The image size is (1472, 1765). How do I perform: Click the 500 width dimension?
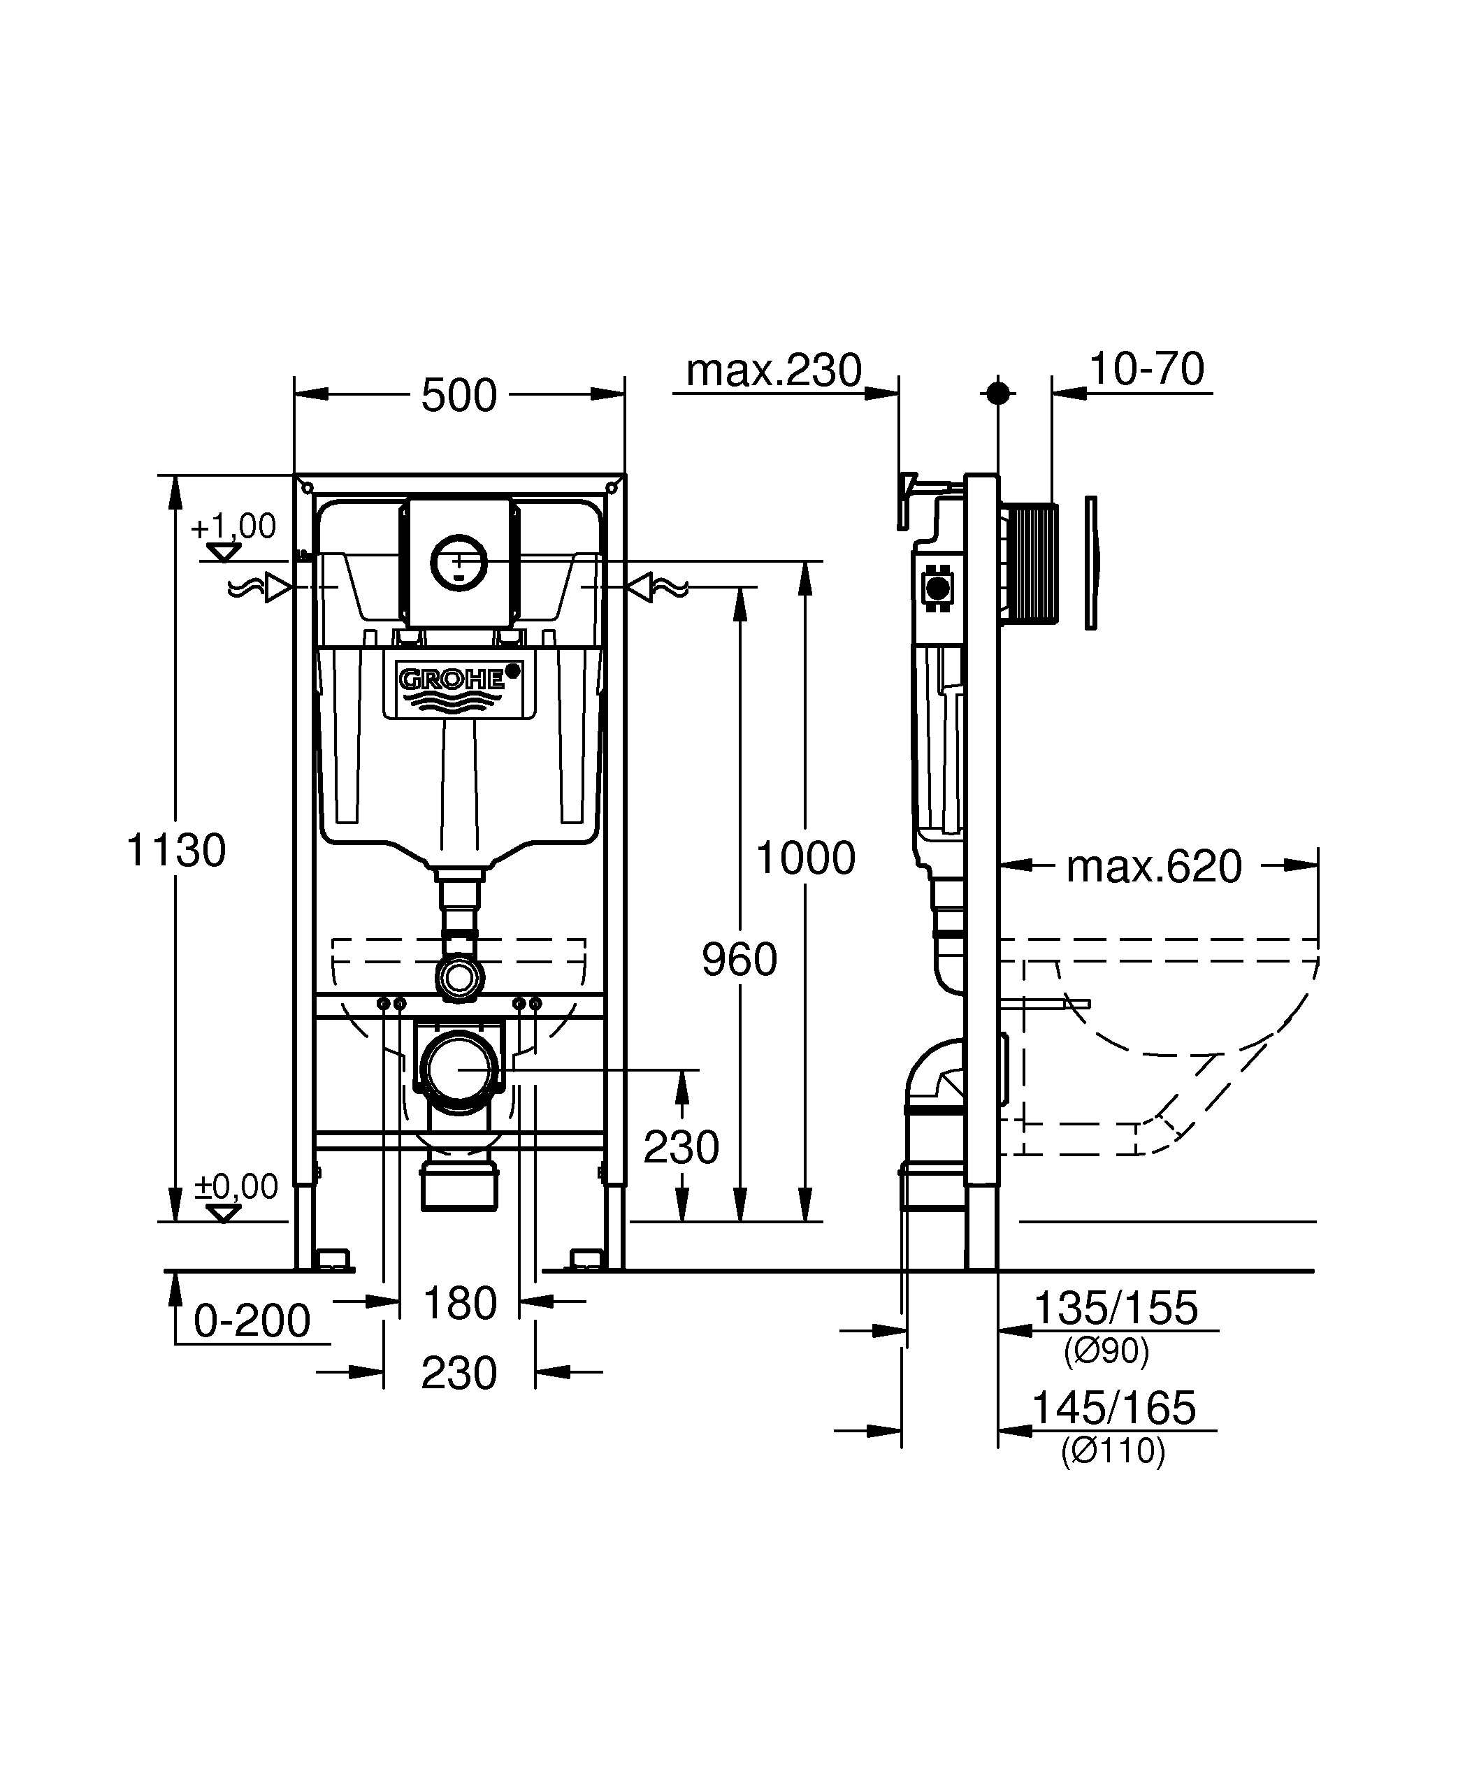459,395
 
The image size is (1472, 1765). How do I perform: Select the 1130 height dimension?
175,850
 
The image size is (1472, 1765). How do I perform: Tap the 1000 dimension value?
805,858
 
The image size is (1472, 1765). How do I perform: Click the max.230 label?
774,370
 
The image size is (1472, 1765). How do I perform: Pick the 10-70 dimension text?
1146,369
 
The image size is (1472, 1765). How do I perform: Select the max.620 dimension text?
1153,867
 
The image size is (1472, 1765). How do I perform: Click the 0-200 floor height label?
252,1321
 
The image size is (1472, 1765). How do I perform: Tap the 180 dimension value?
460,1304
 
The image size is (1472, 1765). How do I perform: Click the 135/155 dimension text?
1115,1309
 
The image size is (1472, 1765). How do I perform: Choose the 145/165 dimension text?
1113,1408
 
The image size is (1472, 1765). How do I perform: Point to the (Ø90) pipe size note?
1106,1350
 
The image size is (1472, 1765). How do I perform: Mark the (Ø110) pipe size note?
1113,1452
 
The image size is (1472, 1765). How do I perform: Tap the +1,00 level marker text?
233,527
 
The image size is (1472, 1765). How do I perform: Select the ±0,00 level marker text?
236,1187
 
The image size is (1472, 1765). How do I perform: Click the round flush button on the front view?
459,561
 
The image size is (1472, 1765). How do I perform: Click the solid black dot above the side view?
998,393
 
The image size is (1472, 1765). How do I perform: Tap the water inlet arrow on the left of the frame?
278,587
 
